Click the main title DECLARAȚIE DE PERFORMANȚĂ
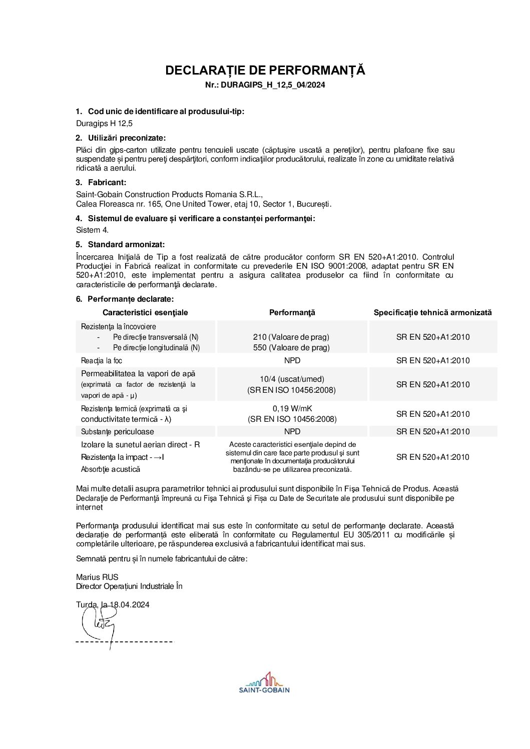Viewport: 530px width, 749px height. coord(265,71)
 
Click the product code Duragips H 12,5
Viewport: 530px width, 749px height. coord(104,124)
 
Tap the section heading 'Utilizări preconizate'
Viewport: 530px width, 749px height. coord(127,138)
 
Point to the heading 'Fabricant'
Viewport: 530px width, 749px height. coord(107,183)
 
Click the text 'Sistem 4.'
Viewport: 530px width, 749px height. coord(92,230)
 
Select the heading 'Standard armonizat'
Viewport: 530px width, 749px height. coord(126,245)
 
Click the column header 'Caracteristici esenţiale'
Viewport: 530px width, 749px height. coord(145,313)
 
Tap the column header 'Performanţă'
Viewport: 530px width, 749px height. coord(292,313)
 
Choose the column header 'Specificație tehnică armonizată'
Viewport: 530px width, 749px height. coord(432,313)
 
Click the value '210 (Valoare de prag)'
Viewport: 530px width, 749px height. coord(291,337)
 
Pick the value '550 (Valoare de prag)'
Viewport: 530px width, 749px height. coord(291,348)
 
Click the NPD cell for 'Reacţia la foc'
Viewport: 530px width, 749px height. coord(292,361)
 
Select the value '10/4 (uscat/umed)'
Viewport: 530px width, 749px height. coord(292,379)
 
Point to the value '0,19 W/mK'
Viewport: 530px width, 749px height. coord(292,409)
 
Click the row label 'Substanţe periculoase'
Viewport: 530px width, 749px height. coord(118,432)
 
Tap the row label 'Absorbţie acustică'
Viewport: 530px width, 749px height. coord(111,469)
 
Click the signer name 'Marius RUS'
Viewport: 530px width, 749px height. coord(97,577)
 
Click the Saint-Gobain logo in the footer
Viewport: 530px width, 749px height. coord(264,683)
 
